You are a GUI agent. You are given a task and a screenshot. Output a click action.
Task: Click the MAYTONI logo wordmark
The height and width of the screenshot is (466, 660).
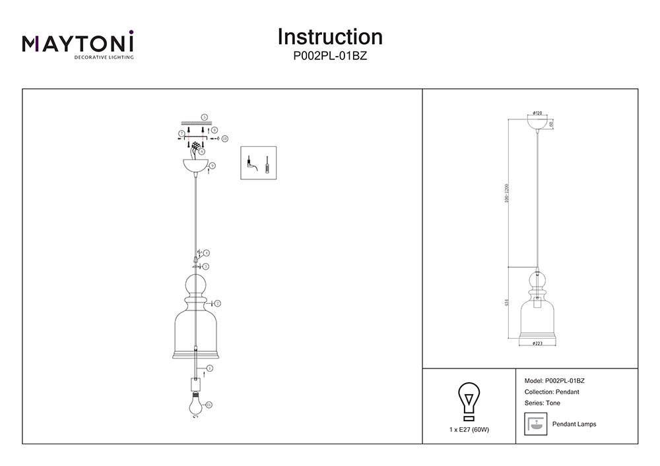tap(79, 43)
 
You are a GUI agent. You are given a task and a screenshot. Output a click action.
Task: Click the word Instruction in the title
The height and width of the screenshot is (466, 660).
tap(330, 36)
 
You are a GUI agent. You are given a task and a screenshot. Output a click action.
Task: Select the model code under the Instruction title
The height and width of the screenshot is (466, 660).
tap(330, 57)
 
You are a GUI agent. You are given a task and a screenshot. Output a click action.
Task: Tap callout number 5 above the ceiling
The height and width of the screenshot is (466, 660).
tap(205, 117)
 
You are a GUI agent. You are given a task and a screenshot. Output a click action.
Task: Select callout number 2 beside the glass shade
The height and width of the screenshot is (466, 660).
tap(217, 303)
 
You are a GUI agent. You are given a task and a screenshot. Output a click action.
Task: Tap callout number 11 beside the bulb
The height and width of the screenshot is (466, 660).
tap(209, 404)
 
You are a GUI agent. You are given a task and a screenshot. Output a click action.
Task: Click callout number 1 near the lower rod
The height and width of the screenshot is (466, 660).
tap(210, 368)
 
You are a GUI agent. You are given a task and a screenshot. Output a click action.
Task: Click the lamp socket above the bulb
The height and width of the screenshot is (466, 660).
tap(195, 384)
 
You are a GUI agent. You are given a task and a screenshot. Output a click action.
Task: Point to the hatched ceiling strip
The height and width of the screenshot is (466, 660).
tap(195, 123)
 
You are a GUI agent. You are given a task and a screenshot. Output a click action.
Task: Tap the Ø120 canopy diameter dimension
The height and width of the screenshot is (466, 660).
tap(537, 113)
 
